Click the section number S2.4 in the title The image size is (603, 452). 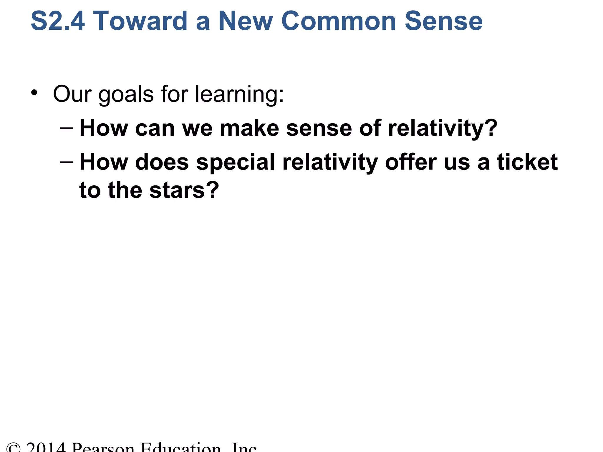pos(58,21)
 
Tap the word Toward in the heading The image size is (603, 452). pos(140,21)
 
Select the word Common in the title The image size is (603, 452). pos(339,21)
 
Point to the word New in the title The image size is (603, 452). pos(246,21)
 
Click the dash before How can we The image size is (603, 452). pos(66,129)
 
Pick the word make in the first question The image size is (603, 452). pos(249,129)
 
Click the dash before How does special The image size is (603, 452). pos(66,162)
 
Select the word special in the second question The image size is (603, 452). pos(236,162)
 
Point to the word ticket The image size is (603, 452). pos(527,162)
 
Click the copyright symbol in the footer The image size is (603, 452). pos(14,448)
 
